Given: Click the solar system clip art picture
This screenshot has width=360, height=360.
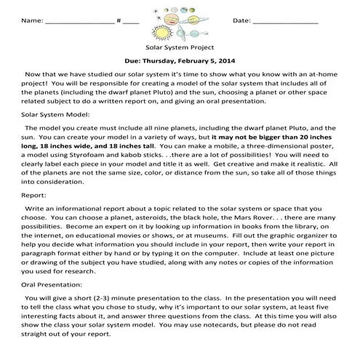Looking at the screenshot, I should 179,20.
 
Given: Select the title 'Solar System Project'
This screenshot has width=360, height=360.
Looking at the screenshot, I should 179,46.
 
